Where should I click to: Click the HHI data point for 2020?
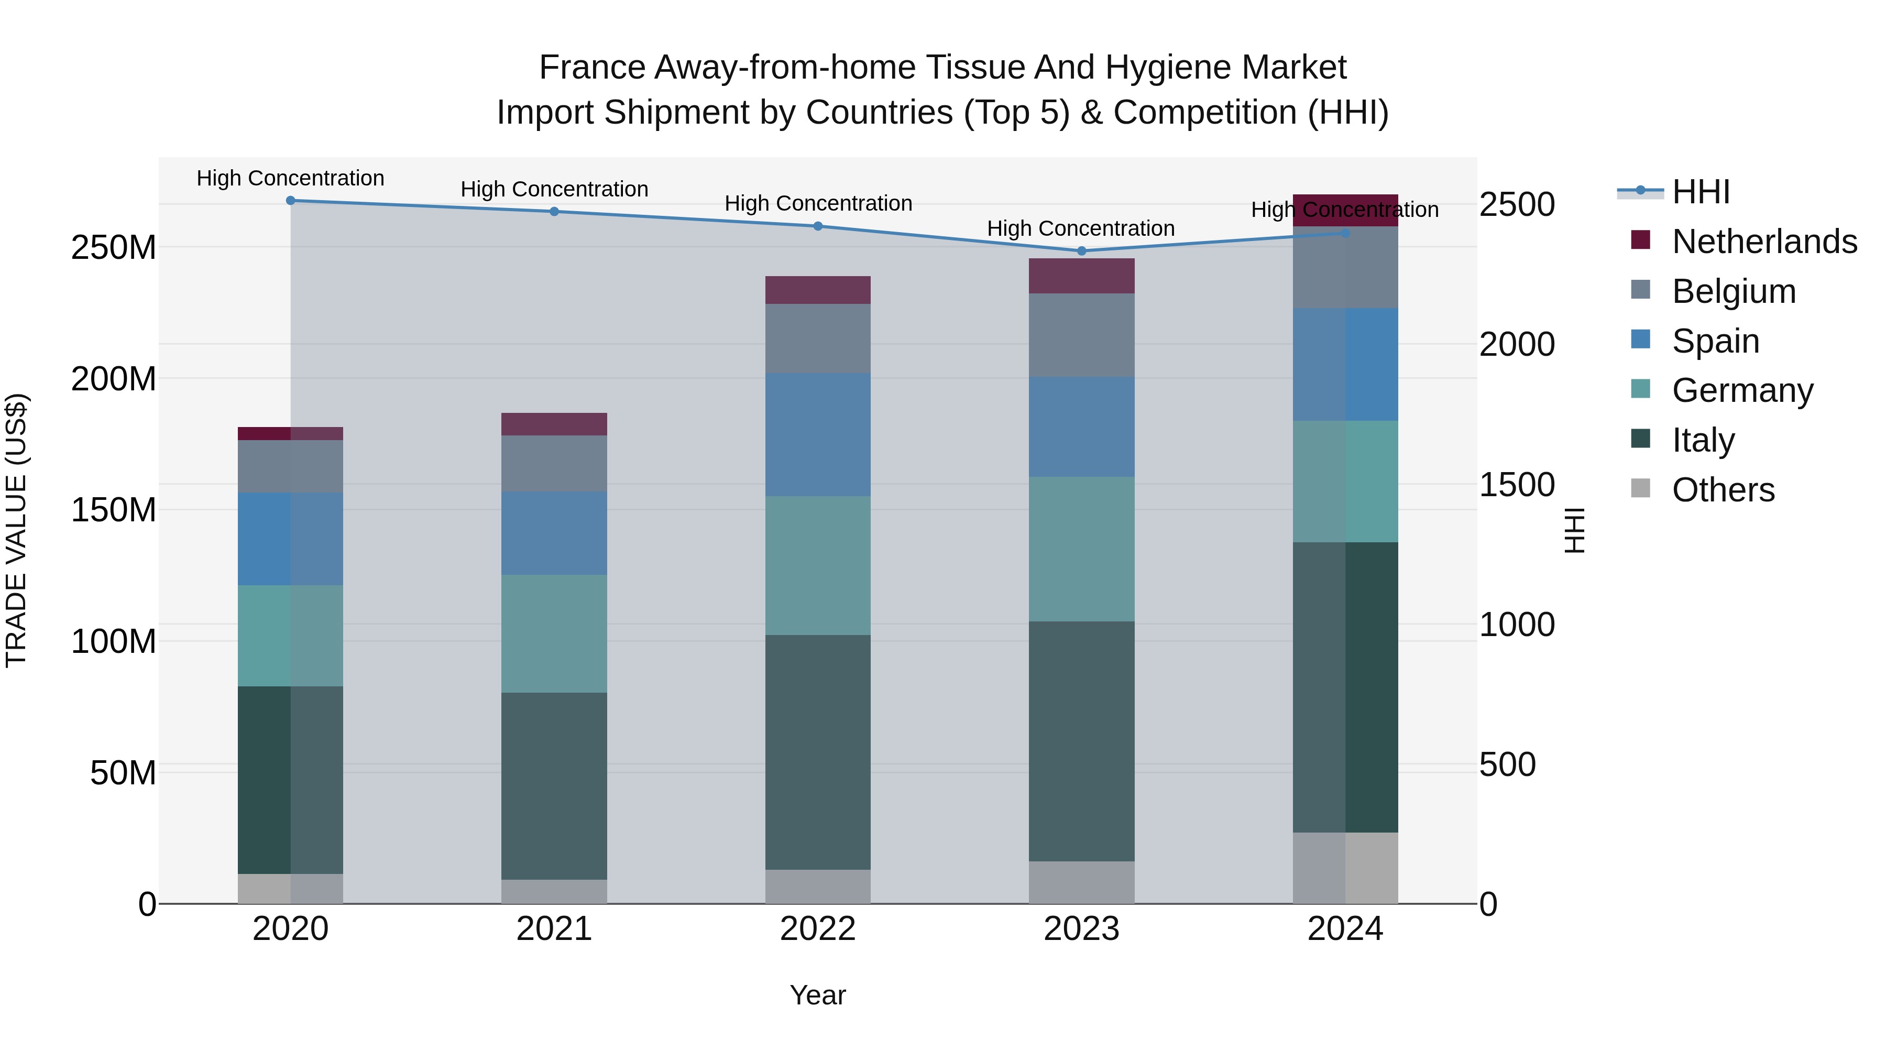(291, 200)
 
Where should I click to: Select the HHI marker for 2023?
(1081, 251)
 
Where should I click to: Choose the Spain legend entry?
(1715, 341)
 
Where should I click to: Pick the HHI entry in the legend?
(1701, 192)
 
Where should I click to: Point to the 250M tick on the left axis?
(114, 247)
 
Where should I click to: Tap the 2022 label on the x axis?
(818, 929)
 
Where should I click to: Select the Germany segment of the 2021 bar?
(554, 633)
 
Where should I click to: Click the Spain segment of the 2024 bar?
(1345, 364)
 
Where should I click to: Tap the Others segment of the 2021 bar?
(554, 891)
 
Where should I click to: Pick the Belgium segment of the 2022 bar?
(818, 338)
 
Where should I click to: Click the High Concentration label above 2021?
(554, 189)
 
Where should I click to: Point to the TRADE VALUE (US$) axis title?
(16, 530)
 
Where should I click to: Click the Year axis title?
(818, 995)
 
